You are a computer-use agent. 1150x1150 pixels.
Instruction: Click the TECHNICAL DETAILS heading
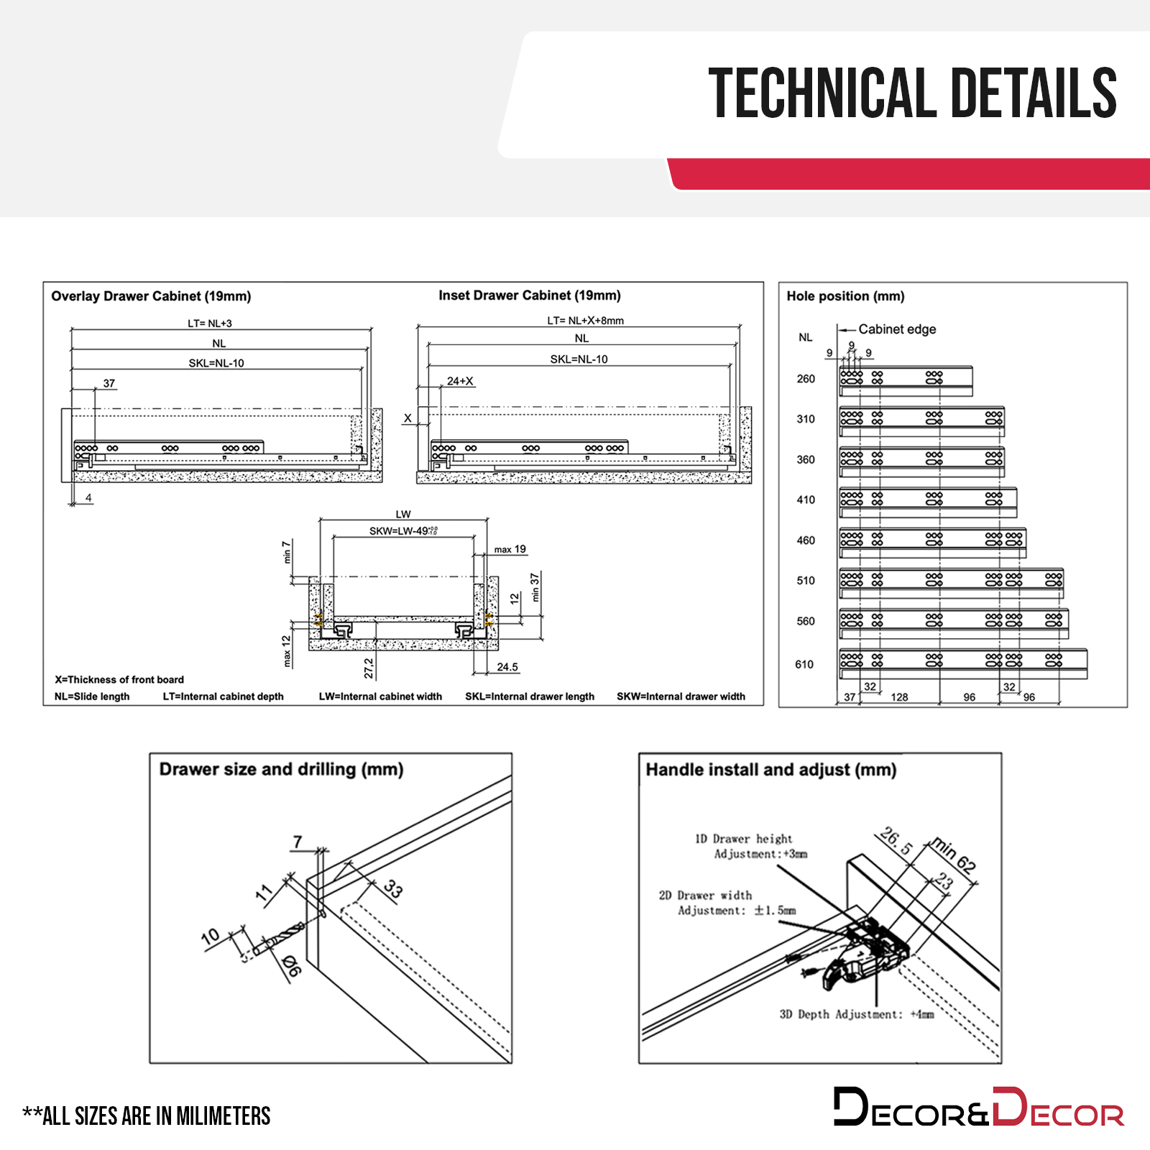[912, 93]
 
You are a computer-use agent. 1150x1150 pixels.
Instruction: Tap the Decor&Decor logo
[979, 1108]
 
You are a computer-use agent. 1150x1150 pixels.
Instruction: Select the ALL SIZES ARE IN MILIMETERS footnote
[147, 1115]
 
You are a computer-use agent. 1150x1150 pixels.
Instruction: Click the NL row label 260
[806, 379]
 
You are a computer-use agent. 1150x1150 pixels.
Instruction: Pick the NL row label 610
[804, 664]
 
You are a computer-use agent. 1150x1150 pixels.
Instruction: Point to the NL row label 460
[806, 540]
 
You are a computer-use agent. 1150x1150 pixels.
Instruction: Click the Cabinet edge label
[897, 329]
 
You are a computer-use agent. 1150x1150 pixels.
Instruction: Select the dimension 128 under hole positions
[899, 697]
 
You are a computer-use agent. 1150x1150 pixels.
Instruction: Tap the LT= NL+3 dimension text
[210, 323]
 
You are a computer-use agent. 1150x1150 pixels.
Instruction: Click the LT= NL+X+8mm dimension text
[585, 321]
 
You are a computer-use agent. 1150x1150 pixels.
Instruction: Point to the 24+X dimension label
[460, 381]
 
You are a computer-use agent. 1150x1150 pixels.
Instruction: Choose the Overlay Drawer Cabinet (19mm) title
[151, 296]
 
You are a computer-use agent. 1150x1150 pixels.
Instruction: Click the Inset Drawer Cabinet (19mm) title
[530, 295]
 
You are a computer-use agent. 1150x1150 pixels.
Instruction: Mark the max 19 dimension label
[510, 549]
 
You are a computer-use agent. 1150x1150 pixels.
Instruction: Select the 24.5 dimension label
[507, 667]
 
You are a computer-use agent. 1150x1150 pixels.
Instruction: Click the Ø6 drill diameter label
[292, 965]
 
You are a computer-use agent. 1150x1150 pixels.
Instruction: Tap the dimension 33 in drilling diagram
[392, 888]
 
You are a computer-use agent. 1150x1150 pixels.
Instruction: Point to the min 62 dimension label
[954, 855]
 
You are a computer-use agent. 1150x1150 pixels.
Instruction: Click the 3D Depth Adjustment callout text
[856, 1014]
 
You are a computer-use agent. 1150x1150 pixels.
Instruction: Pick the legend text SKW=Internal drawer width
[681, 696]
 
